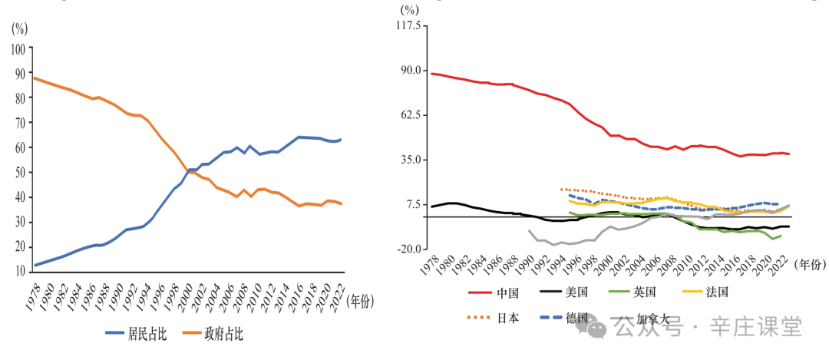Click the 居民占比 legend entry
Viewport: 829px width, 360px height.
[142, 334]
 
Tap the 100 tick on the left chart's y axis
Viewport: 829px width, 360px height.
[17, 48]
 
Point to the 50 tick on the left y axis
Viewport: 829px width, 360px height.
[19, 173]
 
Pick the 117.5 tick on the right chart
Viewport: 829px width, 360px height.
[408, 26]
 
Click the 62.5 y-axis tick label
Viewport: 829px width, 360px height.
[410, 115]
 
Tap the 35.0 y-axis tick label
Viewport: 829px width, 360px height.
[410, 160]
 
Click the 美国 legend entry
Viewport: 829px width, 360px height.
[576, 292]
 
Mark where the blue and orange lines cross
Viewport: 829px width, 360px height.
[190, 170]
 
